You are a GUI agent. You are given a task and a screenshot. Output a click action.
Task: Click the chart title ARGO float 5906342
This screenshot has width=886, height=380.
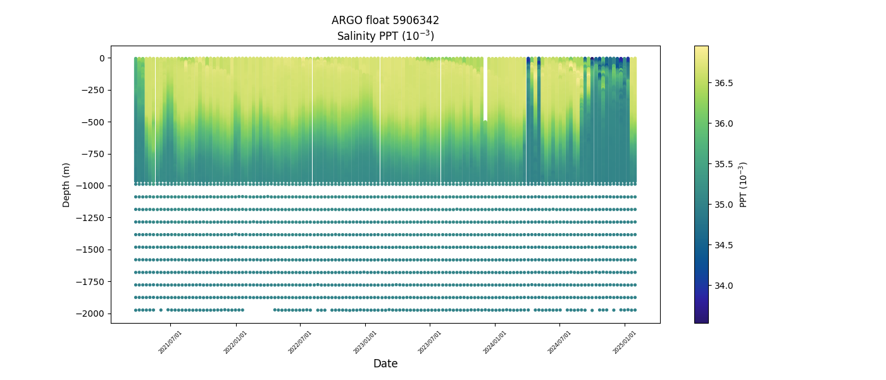(385, 20)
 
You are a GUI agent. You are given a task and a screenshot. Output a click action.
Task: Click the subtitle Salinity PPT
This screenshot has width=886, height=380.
(385, 36)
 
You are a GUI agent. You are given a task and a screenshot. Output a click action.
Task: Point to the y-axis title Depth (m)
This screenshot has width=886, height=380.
(66, 184)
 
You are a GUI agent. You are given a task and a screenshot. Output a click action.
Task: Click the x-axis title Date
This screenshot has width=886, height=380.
(385, 364)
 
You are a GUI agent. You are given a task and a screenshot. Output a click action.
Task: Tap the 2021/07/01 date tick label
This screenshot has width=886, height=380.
(171, 341)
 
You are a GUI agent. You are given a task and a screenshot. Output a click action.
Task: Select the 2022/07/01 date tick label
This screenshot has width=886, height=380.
(300, 341)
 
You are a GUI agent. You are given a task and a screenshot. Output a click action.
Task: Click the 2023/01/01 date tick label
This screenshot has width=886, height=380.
(365, 341)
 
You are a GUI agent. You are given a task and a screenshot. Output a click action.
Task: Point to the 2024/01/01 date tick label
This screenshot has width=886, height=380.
(494, 341)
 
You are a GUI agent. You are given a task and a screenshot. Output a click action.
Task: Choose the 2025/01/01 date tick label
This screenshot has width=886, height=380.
(625, 341)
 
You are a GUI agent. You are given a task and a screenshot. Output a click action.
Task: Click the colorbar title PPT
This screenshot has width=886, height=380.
(744, 184)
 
